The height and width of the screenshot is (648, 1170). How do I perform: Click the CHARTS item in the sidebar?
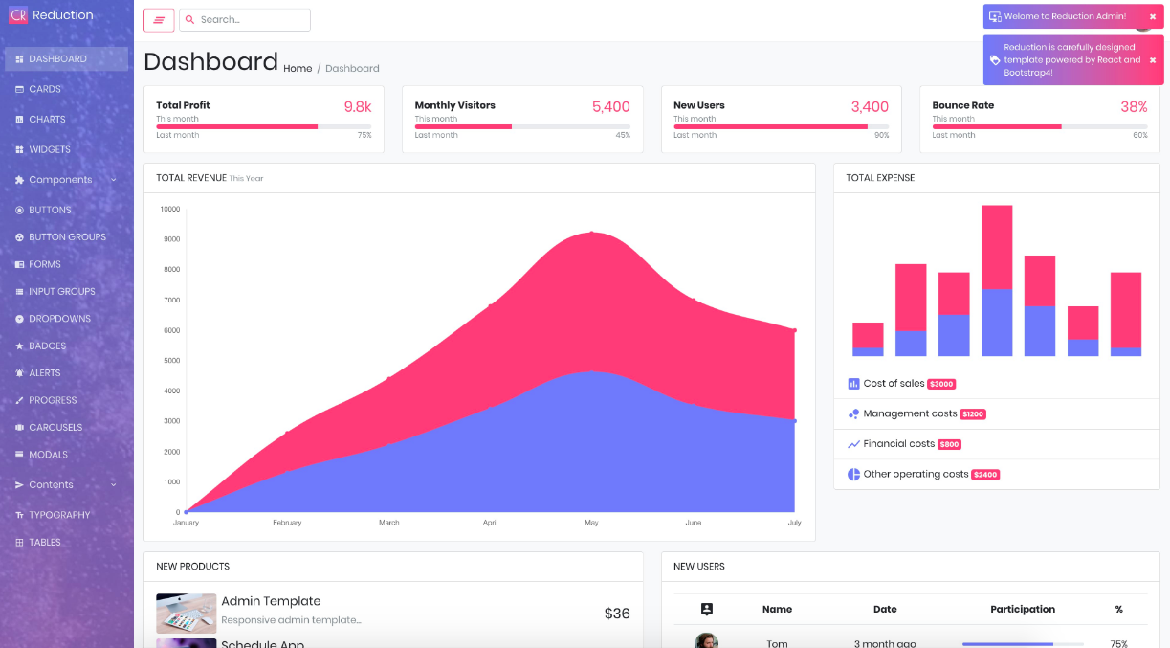(x=47, y=120)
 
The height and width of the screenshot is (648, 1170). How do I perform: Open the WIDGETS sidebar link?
(x=49, y=149)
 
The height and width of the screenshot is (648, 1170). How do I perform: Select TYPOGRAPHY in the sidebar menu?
(x=58, y=515)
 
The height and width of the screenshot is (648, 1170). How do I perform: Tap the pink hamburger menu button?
(x=159, y=20)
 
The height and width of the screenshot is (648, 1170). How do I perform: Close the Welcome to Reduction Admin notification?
(x=1153, y=16)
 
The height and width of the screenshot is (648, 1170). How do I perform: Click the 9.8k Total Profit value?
(x=358, y=107)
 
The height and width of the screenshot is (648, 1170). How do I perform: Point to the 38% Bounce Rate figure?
(x=1134, y=107)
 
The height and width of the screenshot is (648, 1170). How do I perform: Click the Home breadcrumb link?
(x=298, y=69)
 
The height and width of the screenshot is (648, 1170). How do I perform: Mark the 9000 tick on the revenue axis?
(x=170, y=239)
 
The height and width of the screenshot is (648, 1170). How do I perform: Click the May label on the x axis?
(x=591, y=523)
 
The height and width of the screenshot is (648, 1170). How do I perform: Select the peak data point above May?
(x=591, y=233)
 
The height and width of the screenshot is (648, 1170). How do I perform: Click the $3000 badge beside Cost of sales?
(x=941, y=384)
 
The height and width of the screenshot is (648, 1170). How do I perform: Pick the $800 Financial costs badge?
(x=949, y=444)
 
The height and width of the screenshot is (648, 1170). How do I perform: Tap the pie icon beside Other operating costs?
(x=853, y=474)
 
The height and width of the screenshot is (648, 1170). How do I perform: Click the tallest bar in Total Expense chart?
(x=997, y=280)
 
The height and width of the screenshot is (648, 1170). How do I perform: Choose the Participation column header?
(x=1023, y=609)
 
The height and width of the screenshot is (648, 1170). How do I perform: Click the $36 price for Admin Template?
(x=617, y=614)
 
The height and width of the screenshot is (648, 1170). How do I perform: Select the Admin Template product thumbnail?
(x=186, y=613)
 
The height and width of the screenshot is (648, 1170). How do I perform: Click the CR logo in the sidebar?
(x=17, y=15)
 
